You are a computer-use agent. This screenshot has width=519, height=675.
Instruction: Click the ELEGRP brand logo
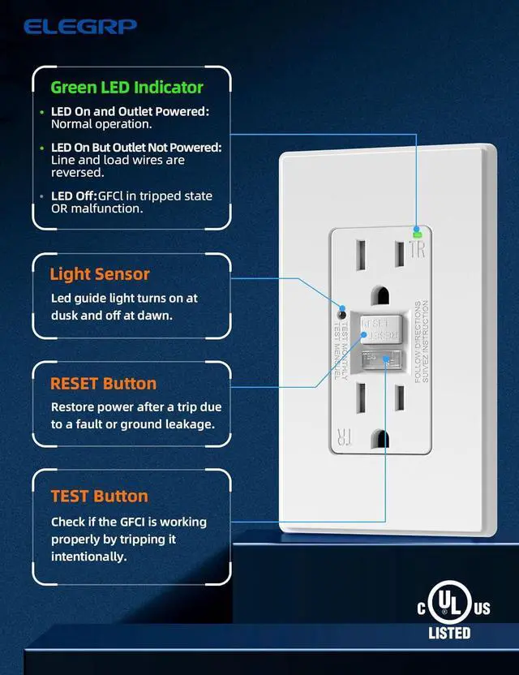pos(80,26)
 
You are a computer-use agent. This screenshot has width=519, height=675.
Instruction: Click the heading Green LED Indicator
pos(127,87)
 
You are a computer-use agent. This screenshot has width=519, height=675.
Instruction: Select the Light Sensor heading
pos(99,274)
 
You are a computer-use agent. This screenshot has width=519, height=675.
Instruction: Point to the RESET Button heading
pos(103,383)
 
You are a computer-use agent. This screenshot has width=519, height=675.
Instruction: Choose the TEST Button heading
pos(99,496)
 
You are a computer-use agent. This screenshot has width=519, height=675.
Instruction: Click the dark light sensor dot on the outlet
pos(342,314)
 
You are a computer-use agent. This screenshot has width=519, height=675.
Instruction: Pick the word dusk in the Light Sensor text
pos(67,315)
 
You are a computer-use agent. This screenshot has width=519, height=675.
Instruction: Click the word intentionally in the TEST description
pos(88,557)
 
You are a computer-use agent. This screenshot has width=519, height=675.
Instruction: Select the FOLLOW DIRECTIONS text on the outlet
pos(418,341)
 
